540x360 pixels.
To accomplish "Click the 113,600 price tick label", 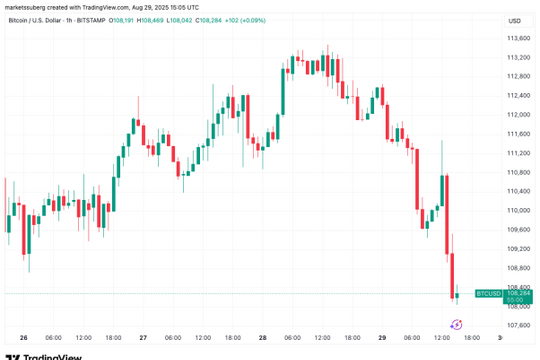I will pyautogui.click(x=518, y=38).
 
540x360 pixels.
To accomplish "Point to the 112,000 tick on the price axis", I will pyautogui.click(x=518, y=115).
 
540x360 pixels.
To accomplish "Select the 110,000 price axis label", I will pyautogui.click(x=518, y=210).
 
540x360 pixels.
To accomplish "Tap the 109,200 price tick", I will pyautogui.click(x=518, y=249).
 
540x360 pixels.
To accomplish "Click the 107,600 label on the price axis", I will pyautogui.click(x=518, y=325).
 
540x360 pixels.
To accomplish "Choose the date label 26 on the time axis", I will pyautogui.click(x=23, y=337).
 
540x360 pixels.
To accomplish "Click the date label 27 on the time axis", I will pyautogui.click(x=143, y=337).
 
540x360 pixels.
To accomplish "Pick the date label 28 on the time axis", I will pyautogui.click(x=262, y=337).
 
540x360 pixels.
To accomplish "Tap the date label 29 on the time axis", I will pyautogui.click(x=382, y=337).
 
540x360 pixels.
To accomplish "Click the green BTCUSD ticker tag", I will pyautogui.click(x=487, y=294).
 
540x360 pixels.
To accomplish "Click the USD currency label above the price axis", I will pyautogui.click(x=514, y=20).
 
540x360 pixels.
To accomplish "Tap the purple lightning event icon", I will pyautogui.click(x=456, y=324).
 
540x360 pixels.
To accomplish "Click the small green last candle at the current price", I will pyautogui.click(x=457, y=295).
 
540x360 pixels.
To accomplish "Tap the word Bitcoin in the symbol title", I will pyautogui.click(x=19, y=20).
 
